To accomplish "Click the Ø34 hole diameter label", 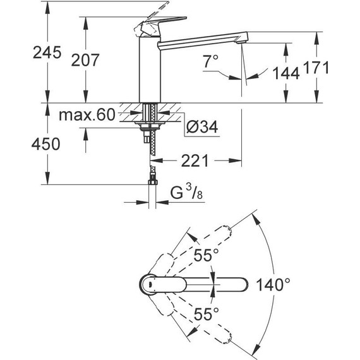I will pos(201,128).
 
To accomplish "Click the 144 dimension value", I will pos(285,74).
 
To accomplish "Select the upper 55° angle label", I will pos(206,256).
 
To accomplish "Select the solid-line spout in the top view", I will pos(208,284).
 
